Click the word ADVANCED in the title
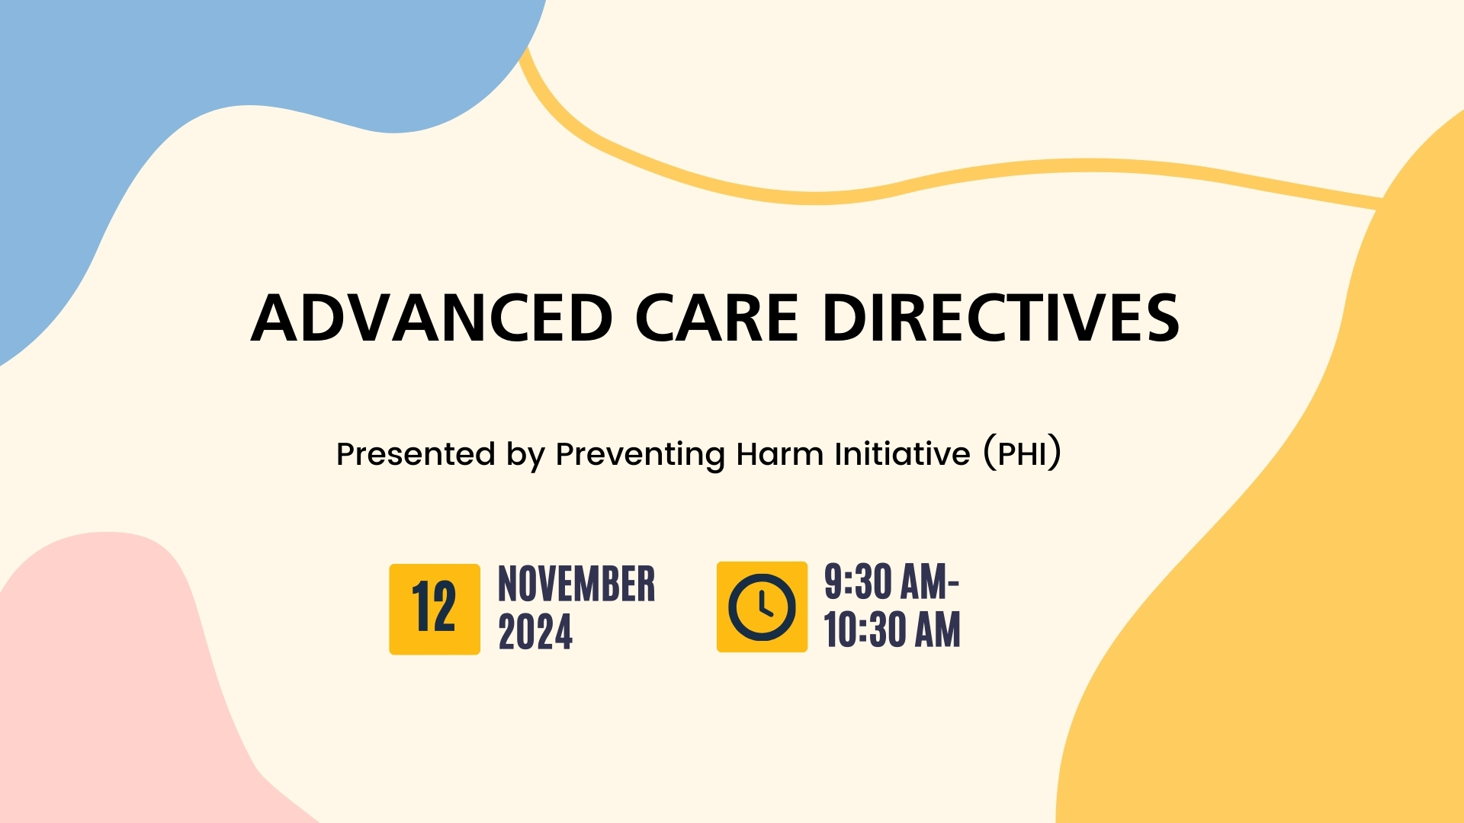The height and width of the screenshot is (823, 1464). tap(432, 318)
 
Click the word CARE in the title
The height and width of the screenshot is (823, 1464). tap(717, 318)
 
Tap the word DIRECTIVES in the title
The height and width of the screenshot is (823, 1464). tap(1001, 318)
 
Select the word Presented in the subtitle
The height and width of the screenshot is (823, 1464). tap(416, 454)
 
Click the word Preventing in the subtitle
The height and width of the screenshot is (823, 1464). tap(640, 455)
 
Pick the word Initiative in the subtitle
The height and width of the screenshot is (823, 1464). tap(903, 454)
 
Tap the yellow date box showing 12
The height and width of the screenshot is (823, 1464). tap(435, 609)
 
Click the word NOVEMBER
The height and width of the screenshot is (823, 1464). tap(576, 584)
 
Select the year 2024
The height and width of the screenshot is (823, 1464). tap(535, 632)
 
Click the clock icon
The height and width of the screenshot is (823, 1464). tap(762, 607)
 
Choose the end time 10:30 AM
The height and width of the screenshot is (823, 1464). tap(892, 630)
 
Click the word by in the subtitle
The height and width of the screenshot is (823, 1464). tap(525, 456)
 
